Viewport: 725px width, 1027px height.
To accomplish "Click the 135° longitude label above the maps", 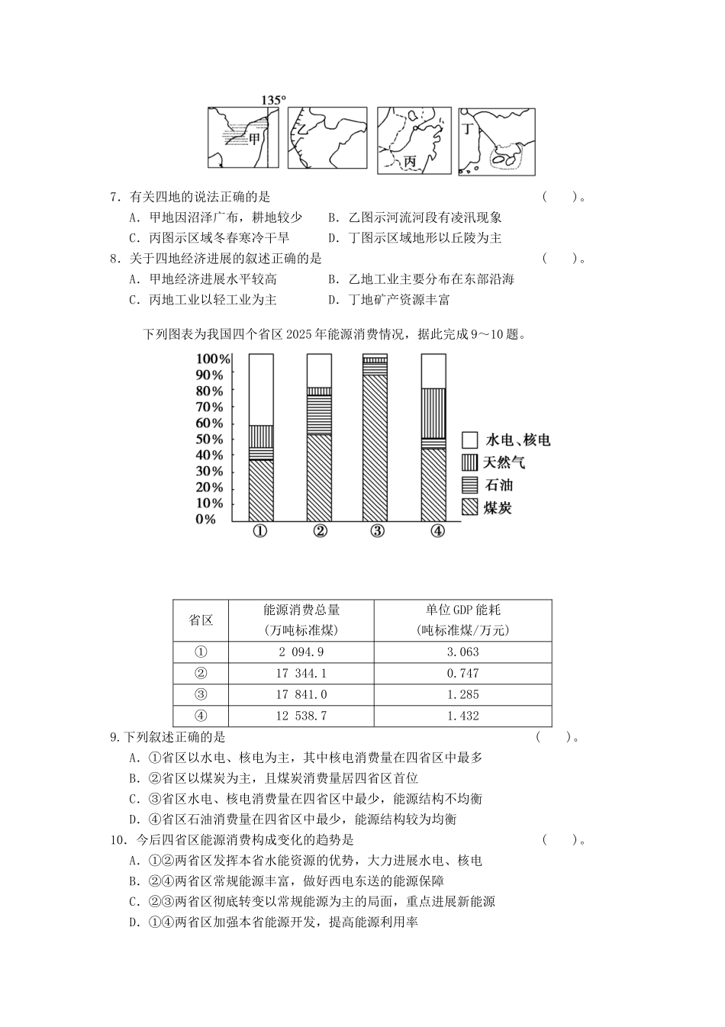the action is point(273,100).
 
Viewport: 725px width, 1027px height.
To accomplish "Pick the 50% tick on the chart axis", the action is point(209,439).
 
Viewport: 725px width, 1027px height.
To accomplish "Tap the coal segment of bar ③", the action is point(375,446).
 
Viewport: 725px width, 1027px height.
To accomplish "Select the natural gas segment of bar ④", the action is point(433,413).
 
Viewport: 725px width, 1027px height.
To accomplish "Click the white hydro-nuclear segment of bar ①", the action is point(261,389).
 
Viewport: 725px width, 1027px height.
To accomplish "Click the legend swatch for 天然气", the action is point(469,462).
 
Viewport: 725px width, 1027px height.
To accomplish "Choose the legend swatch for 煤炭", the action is point(469,507).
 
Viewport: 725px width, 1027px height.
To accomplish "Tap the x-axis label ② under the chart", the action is point(319,532).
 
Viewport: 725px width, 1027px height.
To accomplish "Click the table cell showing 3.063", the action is point(462,652).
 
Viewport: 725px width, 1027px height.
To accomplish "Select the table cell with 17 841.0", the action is point(301,694).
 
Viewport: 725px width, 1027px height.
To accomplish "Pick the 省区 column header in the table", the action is point(201,620).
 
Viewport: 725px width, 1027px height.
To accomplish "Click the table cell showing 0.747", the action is point(462,673).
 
